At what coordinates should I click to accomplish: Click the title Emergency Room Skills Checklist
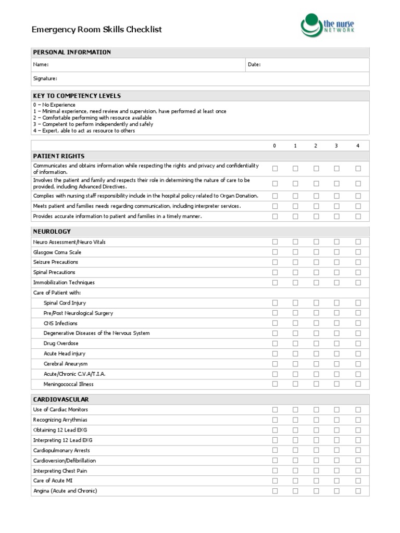tap(97, 30)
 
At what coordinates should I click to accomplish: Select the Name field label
tap(41, 65)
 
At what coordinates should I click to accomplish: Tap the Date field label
tap(254, 65)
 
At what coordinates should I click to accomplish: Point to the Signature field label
tap(45, 79)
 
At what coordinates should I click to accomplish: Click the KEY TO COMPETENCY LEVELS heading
tap(77, 96)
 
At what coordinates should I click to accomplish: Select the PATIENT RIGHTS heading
tap(59, 156)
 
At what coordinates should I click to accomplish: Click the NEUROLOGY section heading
tap(52, 231)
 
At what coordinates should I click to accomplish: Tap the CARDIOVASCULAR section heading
tap(61, 399)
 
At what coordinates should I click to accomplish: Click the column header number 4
tap(358, 146)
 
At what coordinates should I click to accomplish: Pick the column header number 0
tap(274, 146)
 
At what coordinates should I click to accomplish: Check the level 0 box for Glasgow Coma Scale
tap(275, 252)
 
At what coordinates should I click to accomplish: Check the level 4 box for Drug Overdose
tap(358, 344)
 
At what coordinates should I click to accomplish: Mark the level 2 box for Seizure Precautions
tap(316, 262)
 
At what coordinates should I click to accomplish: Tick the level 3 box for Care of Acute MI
tap(337, 481)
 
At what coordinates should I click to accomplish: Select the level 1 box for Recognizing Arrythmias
tap(295, 420)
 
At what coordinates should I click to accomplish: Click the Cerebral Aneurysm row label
tap(66, 364)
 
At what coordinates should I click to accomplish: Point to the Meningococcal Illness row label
tap(69, 384)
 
